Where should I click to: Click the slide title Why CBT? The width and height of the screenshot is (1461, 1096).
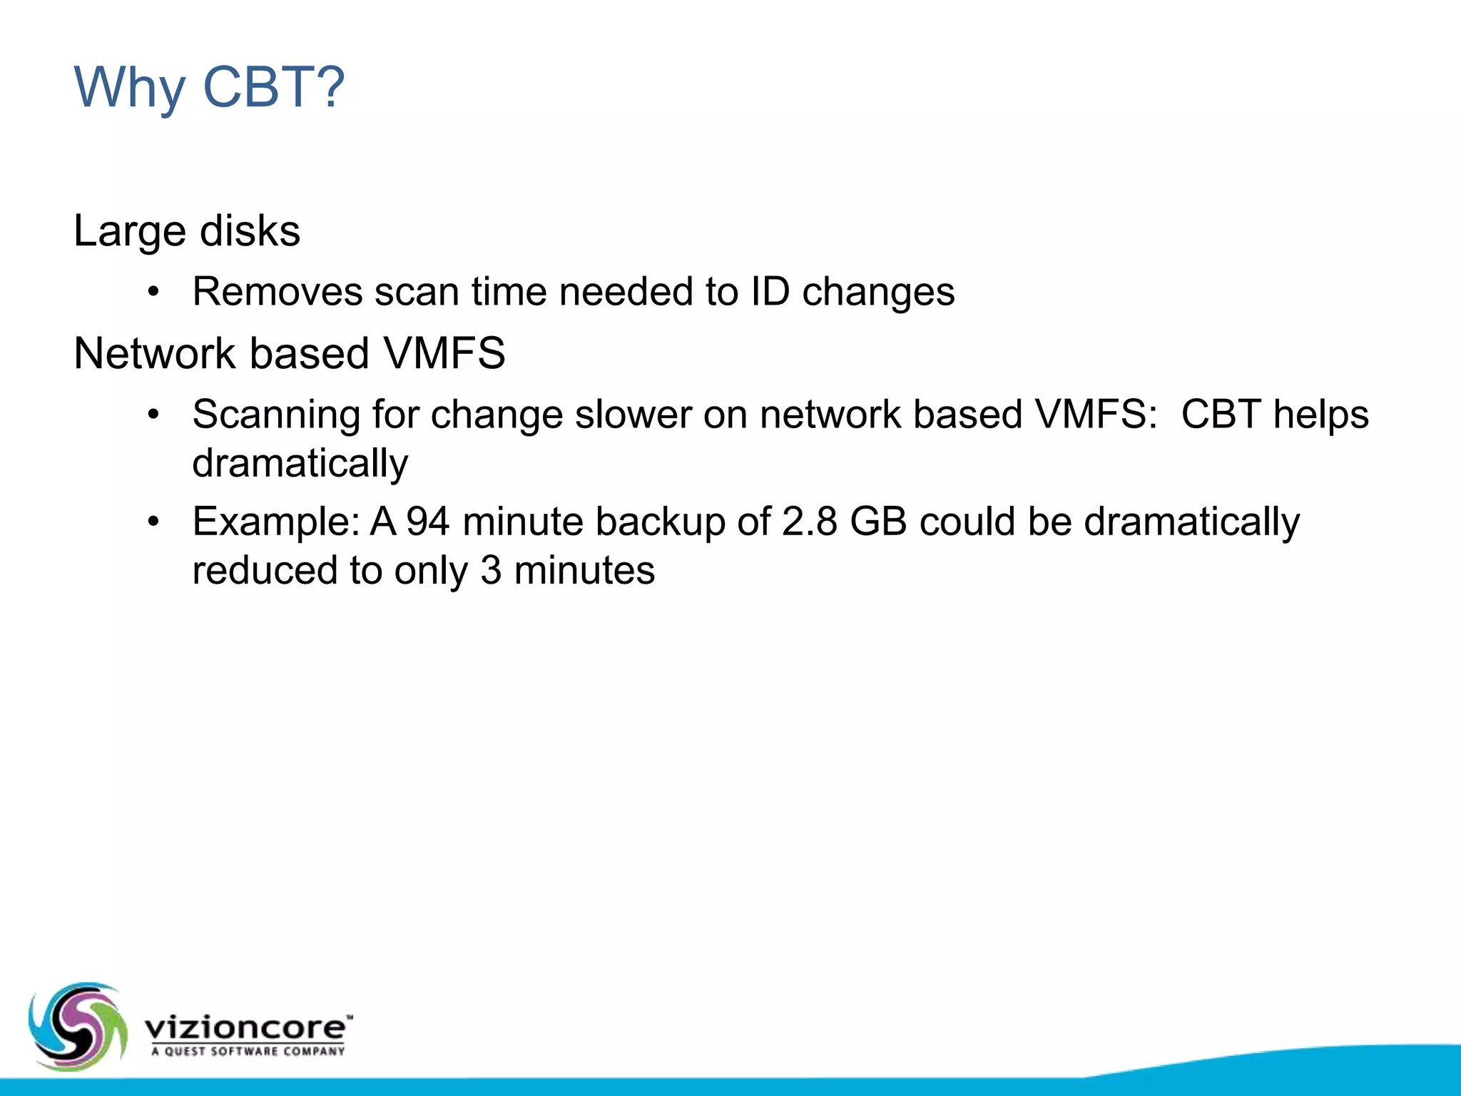pyautogui.click(x=209, y=87)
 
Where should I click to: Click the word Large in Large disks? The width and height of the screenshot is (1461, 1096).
pyautogui.click(x=130, y=232)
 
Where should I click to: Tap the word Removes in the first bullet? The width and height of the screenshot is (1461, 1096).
pyautogui.click(x=278, y=292)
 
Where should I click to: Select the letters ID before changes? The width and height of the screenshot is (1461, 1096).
pyautogui.click(x=770, y=292)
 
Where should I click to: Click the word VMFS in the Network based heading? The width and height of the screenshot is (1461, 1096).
pyautogui.click(x=444, y=353)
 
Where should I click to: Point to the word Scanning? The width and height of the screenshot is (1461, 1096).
pyautogui.click(x=276, y=415)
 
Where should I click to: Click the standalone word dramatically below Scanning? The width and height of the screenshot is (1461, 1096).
pyautogui.click(x=300, y=464)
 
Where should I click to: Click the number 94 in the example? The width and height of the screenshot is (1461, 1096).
pyautogui.click(x=427, y=522)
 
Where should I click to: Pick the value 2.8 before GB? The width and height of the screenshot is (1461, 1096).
pyautogui.click(x=809, y=522)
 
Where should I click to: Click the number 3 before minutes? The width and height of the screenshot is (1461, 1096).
pyautogui.click(x=490, y=571)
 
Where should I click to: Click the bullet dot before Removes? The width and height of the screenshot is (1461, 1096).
pyautogui.click(x=153, y=292)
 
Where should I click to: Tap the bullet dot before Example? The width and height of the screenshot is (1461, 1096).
pyautogui.click(x=153, y=522)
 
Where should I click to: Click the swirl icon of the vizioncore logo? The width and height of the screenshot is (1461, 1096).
pyautogui.click(x=77, y=1025)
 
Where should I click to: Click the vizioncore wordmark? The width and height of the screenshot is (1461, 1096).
pyautogui.click(x=246, y=1028)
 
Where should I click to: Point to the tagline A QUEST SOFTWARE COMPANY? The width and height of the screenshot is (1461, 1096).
pyautogui.click(x=248, y=1051)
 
